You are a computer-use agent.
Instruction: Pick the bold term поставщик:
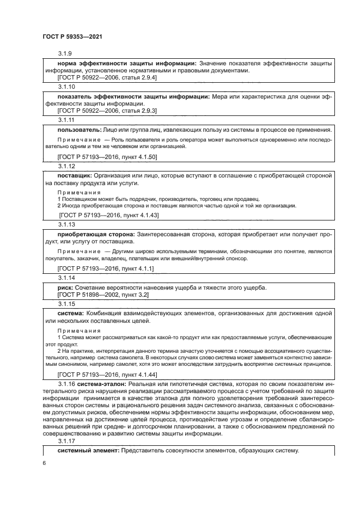[75, 177]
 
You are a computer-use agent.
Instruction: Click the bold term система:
[70, 314]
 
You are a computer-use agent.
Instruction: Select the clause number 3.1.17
[66, 442]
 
